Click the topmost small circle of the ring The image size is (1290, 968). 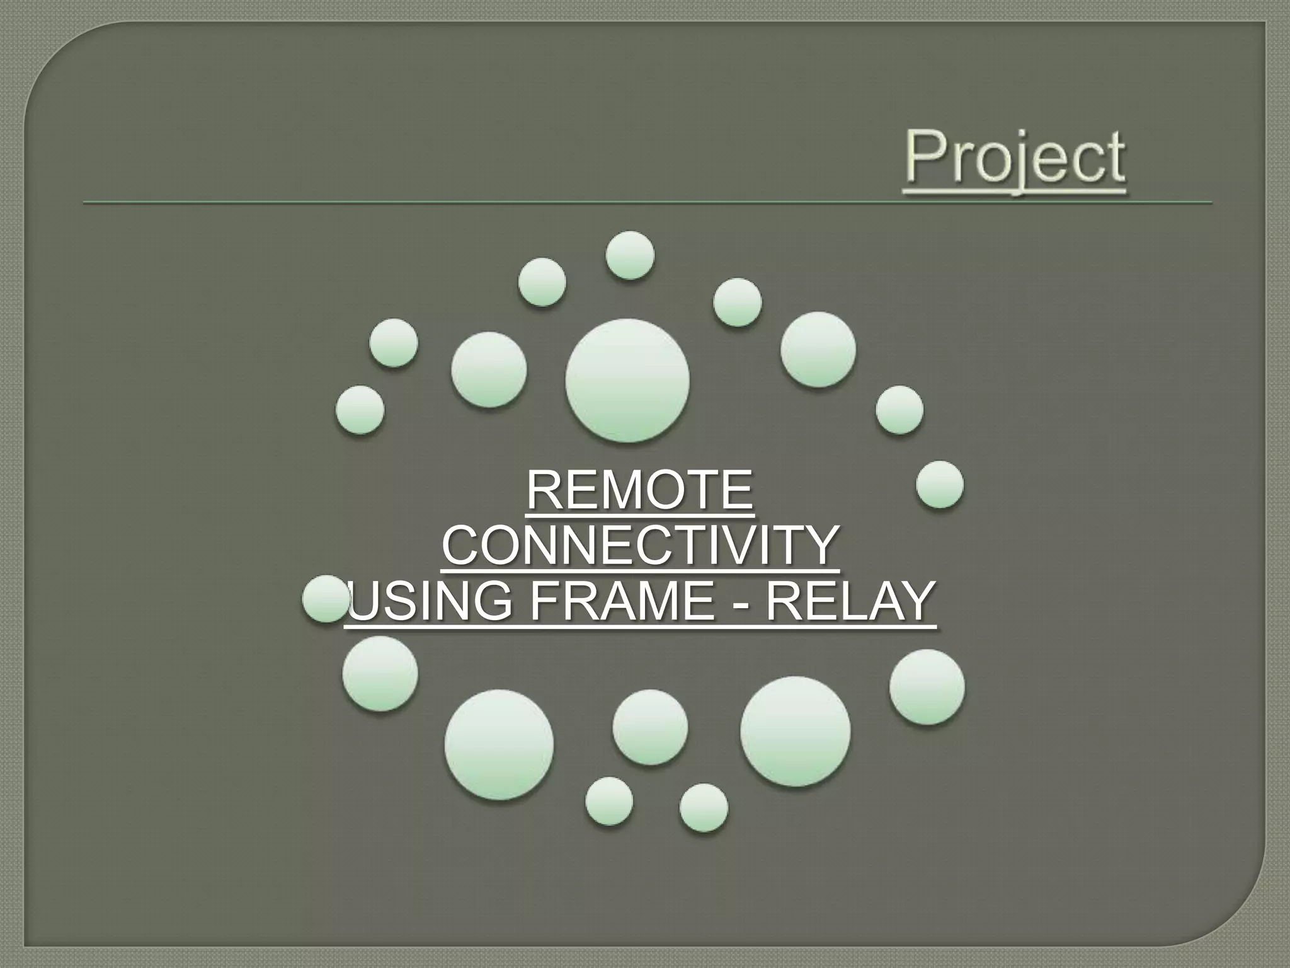[630, 255]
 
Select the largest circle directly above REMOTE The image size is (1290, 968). [627, 380]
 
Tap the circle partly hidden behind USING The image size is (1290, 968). [322, 598]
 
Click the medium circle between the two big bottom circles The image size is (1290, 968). [650, 727]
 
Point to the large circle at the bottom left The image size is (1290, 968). [499, 744]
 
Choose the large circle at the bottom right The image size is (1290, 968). [795, 731]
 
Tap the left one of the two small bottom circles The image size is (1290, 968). [609, 800]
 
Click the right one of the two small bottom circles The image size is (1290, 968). [704, 807]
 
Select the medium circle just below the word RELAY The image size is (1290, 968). [927, 687]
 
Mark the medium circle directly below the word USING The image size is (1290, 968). [380, 674]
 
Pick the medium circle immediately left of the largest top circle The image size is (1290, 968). [489, 369]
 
